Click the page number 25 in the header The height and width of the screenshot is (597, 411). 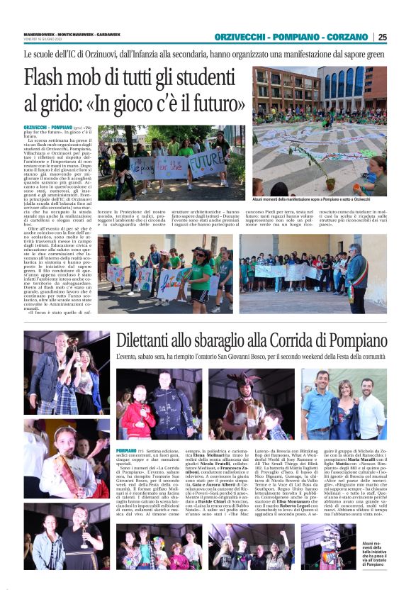(x=382, y=38)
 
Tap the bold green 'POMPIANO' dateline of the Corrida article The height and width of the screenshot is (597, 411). (x=126, y=451)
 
